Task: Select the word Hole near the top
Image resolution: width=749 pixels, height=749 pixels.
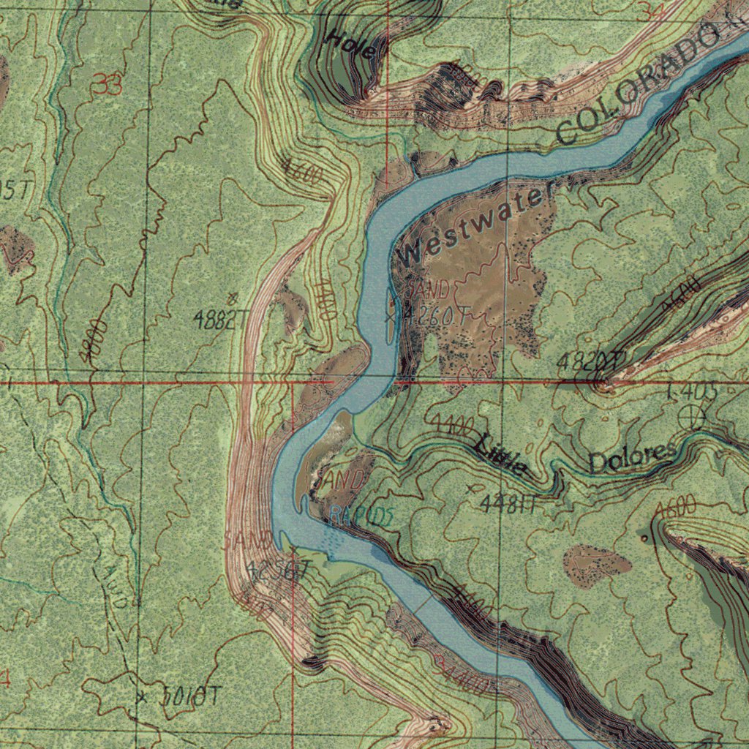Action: point(353,45)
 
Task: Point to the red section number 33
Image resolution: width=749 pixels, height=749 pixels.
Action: point(107,86)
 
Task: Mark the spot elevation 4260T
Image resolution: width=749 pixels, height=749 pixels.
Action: point(437,316)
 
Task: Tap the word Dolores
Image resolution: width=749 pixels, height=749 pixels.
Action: point(633,458)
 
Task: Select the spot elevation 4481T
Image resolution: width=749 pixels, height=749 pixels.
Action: point(510,503)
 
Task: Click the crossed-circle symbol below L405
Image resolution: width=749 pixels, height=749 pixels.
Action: point(691,418)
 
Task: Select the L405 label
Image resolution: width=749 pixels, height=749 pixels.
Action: point(691,393)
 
